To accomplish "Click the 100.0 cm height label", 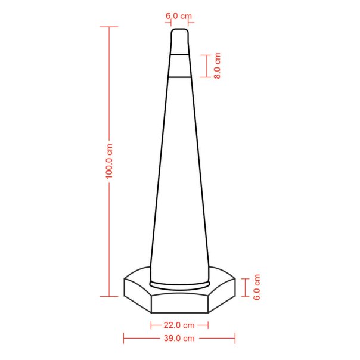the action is [x=109, y=161].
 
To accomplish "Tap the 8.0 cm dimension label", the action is [x=217, y=66].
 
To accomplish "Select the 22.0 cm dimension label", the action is [x=179, y=325].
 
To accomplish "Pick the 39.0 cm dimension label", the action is [x=179, y=338].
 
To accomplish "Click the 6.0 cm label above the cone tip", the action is [x=179, y=16].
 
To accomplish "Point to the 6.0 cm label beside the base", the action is [x=256, y=287].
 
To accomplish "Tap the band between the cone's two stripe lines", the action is [x=180, y=66].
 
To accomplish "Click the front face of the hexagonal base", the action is [x=179, y=303].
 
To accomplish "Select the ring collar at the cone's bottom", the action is [x=179, y=285].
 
